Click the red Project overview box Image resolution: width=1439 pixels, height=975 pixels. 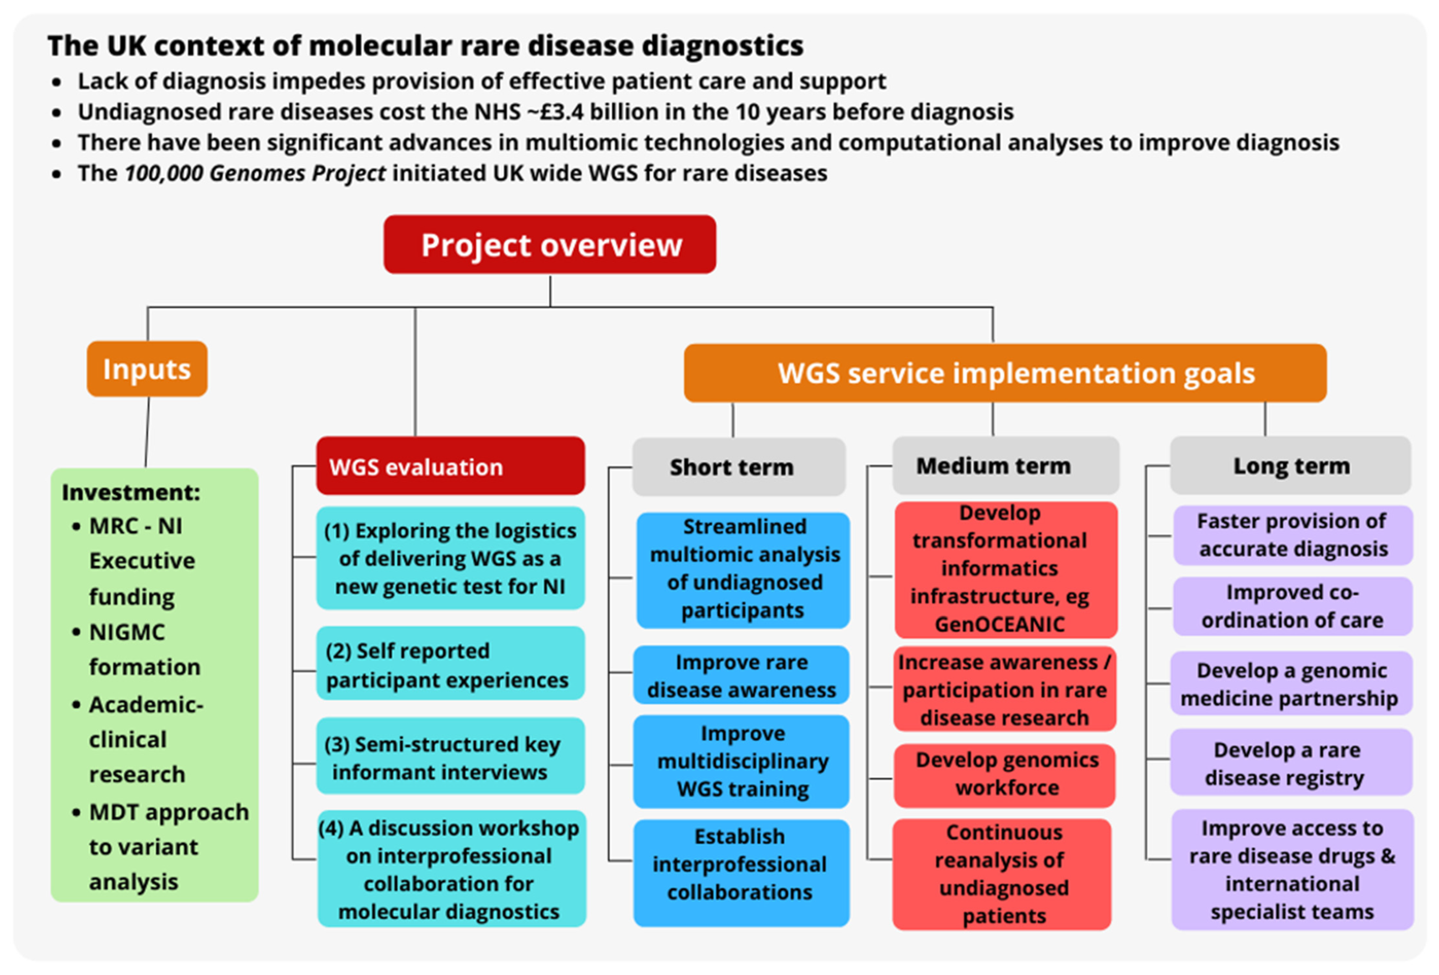point(550,245)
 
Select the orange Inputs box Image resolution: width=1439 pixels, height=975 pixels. point(147,369)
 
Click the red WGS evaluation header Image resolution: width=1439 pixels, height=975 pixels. point(450,466)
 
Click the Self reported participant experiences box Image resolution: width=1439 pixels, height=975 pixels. point(450,665)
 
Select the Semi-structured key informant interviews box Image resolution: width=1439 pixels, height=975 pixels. point(450,757)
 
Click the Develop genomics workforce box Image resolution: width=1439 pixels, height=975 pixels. point(1004,774)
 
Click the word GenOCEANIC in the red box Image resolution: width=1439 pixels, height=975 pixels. point(1000,624)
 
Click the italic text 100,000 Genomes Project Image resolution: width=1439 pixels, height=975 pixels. point(255,173)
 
